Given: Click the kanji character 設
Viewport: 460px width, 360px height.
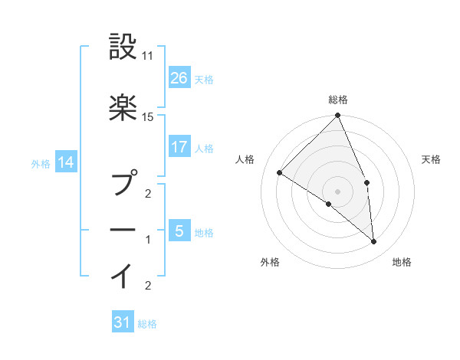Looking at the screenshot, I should click(x=123, y=47).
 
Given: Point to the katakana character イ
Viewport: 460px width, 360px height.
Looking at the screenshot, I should click(x=123, y=274).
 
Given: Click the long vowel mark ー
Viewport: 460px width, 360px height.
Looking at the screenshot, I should click(x=123, y=229).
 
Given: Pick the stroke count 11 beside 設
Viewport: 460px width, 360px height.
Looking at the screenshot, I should click(x=148, y=57).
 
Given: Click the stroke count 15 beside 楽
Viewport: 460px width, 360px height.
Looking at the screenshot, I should click(x=148, y=116).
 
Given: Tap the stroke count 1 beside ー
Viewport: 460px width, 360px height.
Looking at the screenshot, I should click(x=148, y=240).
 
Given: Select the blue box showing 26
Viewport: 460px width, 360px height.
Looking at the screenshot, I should click(x=179, y=78).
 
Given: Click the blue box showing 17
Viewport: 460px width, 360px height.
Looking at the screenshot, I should click(x=179, y=147).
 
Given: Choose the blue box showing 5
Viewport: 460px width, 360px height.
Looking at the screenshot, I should click(x=179, y=231).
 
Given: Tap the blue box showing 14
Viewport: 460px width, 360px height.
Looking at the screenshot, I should click(x=65, y=162).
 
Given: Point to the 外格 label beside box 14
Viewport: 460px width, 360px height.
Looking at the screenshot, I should click(x=41, y=163).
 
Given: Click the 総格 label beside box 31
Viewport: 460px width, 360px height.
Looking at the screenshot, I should click(x=147, y=324).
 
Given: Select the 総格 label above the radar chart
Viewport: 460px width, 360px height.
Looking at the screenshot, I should click(x=338, y=100).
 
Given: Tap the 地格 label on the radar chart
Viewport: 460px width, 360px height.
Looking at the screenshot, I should click(x=402, y=262).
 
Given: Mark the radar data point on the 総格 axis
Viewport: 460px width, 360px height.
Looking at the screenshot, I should click(x=338, y=116).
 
